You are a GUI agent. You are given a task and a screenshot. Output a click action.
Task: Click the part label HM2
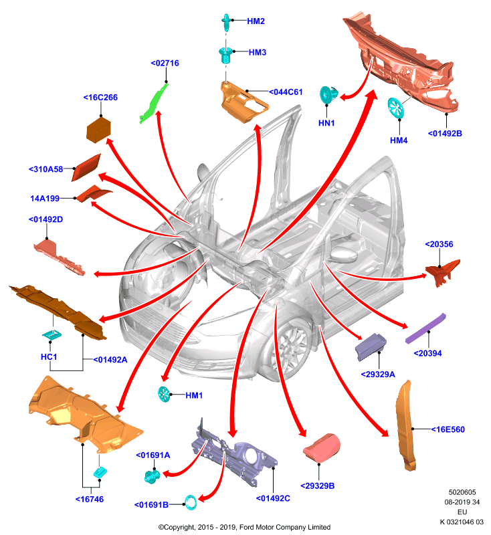point(256,21)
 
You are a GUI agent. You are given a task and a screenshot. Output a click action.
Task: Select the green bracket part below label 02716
point(153,103)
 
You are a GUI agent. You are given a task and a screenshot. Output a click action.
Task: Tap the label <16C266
point(100,98)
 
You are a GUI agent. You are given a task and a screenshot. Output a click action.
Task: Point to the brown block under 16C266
point(98,129)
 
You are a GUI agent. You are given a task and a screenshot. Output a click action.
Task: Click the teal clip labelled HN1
point(328,95)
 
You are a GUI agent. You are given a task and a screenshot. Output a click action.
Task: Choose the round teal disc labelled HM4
point(396,108)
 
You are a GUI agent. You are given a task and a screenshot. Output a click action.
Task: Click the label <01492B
point(445,133)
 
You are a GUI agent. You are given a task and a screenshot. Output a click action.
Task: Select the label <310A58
point(45,169)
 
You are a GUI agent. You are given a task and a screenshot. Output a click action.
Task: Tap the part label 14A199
point(45,198)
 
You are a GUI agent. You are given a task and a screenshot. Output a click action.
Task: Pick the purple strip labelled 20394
point(426,328)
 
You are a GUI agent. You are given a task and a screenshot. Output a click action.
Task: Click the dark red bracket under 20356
point(443,272)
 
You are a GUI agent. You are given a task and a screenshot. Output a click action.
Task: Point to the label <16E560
point(448,429)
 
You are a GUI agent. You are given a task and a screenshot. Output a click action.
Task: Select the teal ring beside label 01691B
point(191,503)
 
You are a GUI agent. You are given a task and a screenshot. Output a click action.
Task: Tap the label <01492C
point(273,498)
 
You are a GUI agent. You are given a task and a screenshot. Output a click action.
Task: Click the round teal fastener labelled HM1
point(164,394)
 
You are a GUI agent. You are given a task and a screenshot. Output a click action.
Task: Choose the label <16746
point(90,499)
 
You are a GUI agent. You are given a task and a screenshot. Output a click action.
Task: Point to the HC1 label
point(49,357)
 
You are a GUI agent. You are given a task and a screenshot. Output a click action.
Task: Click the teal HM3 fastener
point(225,56)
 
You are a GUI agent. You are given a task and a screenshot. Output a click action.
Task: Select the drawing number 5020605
point(462,492)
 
